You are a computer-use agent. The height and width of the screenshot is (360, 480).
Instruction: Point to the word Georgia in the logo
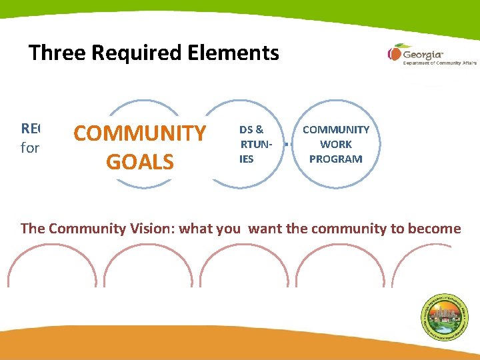[423, 53]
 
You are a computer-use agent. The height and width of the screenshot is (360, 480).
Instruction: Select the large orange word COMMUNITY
[140, 133]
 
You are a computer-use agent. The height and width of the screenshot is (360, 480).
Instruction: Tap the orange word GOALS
[140, 162]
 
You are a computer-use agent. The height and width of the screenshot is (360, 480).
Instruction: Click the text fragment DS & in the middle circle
[251, 130]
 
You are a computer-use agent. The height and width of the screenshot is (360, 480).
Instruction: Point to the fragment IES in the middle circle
[247, 159]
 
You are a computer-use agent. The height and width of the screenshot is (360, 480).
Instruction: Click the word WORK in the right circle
[336, 145]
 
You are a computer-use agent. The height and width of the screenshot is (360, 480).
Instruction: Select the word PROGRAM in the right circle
[336, 159]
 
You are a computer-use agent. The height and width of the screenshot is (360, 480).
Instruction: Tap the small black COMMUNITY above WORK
[336, 130]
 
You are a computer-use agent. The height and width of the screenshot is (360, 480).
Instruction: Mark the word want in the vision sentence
[266, 229]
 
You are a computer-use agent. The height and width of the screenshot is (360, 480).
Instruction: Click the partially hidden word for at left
[30, 148]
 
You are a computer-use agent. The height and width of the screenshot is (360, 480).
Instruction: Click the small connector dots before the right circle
[286, 143]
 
